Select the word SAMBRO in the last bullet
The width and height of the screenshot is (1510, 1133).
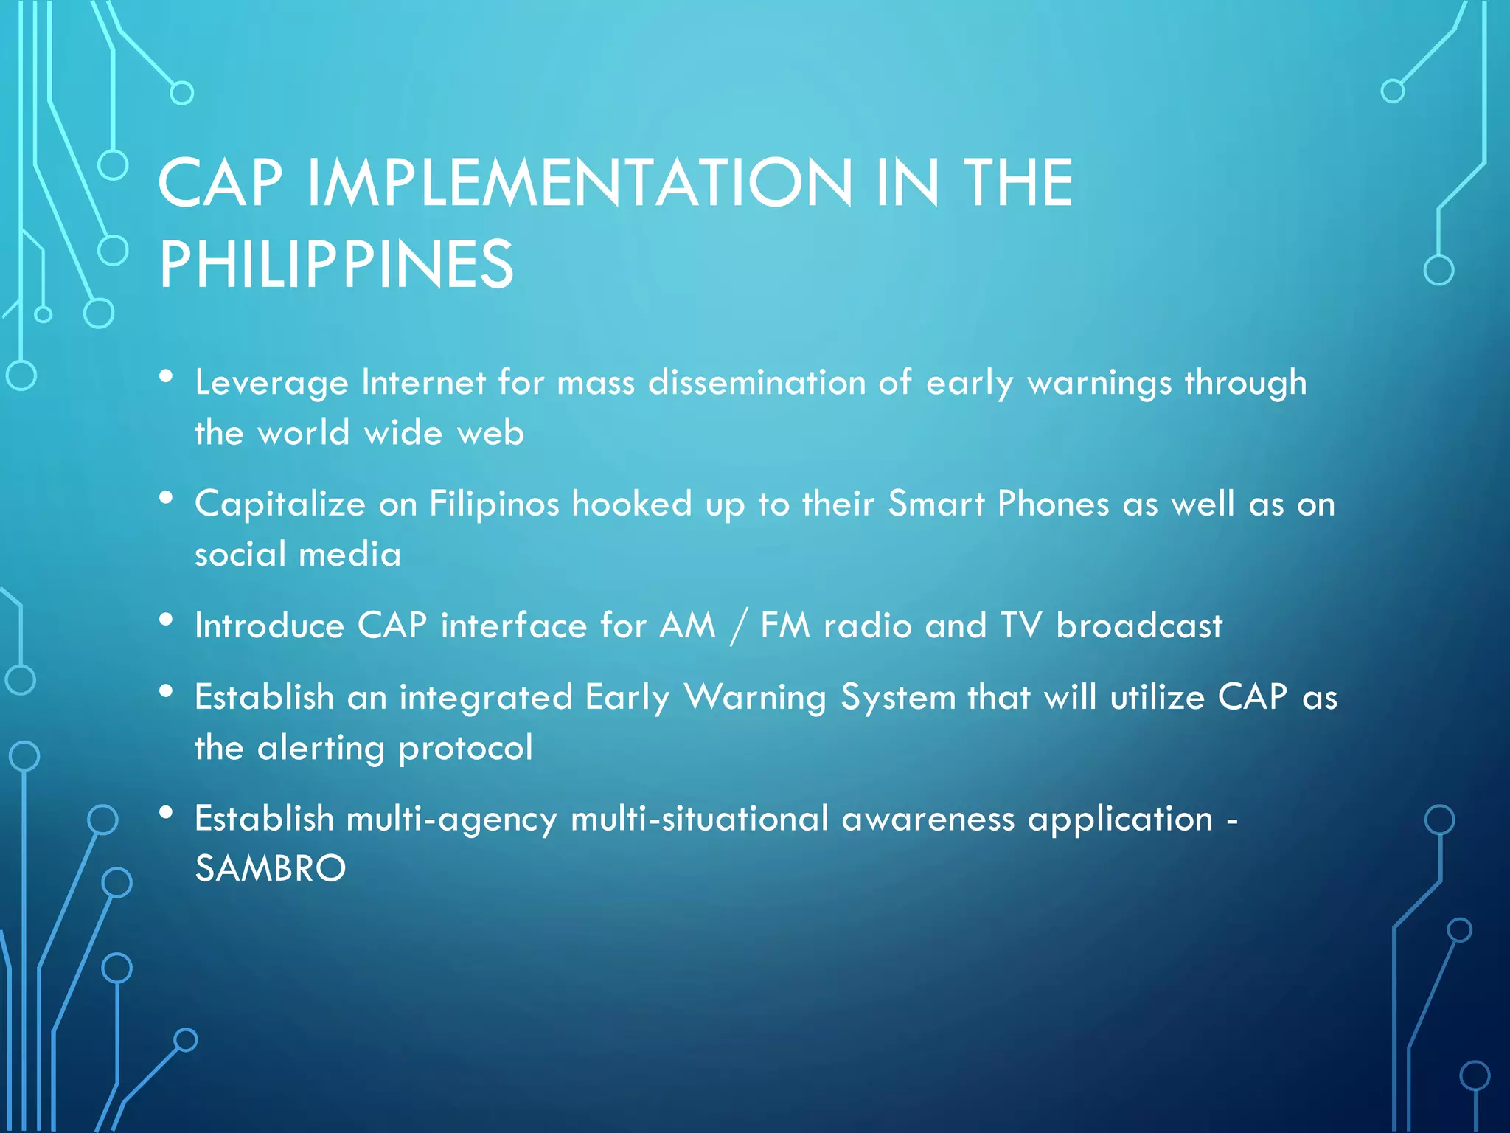point(270,868)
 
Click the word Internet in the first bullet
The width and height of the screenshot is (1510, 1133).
point(423,383)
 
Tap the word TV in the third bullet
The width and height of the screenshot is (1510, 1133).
point(1021,626)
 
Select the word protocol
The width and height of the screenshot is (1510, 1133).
point(465,749)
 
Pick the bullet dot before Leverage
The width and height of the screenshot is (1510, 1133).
point(166,377)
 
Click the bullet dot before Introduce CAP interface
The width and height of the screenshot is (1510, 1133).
point(166,620)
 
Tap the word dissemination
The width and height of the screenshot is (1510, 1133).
point(756,383)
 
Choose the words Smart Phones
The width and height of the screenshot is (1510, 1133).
point(998,505)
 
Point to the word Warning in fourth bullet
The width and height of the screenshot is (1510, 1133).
point(756,698)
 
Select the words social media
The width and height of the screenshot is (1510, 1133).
point(298,554)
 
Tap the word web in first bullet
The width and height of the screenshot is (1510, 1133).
point(490,433)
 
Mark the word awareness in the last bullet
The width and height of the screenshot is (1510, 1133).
point(928,819)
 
